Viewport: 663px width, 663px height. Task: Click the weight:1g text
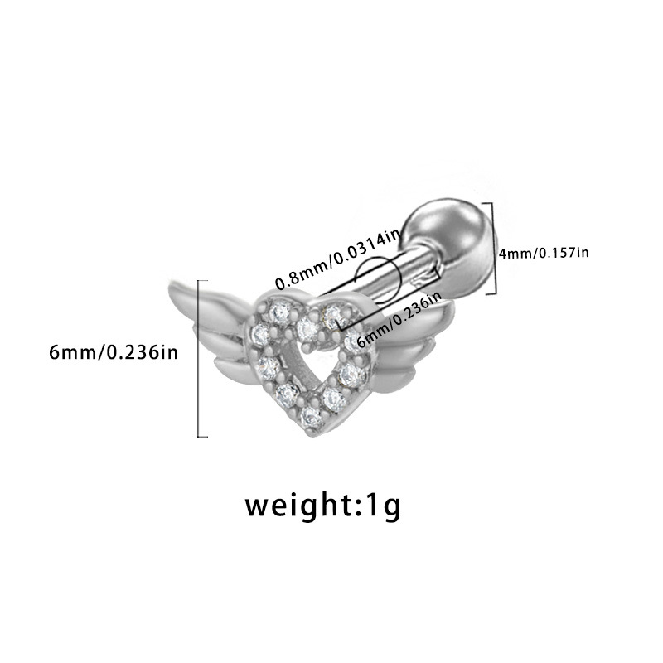pyautogui.click(x=322, y=505)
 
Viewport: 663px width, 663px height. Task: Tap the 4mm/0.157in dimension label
pyautogui.click(x=544, y=252)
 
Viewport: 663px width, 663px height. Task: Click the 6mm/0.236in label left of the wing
pyautogui.click(x=114, y=352)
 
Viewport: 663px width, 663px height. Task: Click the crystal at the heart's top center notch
pyautogui.click(x=309, y=326)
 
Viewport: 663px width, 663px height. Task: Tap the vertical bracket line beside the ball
pyautogui.click(x=495, y=249)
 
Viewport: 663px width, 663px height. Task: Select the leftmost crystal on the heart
pyautogui.click(x=266, y=363)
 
